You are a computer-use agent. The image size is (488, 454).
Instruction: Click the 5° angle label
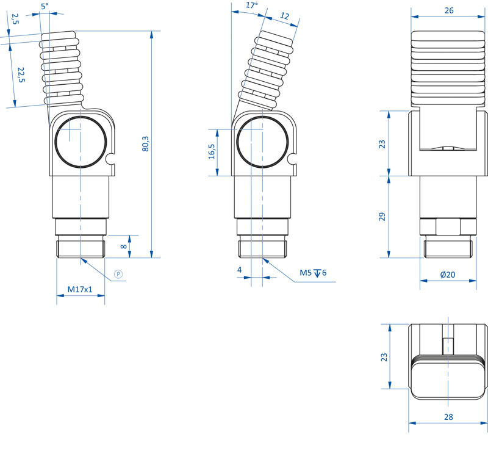point(44,5)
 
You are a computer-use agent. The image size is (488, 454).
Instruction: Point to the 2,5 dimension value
point(15,19)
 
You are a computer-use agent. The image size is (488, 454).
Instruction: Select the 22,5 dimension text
point(21,75)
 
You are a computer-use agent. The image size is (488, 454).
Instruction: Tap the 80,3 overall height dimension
point(145,144)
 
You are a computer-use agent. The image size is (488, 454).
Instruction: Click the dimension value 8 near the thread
point(123,246)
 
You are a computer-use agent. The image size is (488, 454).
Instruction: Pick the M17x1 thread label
point(80,289)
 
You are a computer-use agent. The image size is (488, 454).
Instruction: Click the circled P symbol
point(118,275)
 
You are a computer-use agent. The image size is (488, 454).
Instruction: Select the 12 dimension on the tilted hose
point(285,16)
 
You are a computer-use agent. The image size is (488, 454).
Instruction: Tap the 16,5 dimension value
point(212,151)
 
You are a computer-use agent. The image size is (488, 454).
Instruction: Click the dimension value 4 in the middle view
point(239,269)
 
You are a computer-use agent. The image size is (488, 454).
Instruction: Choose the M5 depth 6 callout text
point(312,273)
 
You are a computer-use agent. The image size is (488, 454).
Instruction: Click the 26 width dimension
point(449,10)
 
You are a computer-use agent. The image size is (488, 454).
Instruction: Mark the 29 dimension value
point(382,217)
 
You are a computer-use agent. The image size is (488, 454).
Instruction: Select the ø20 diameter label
point(448,275)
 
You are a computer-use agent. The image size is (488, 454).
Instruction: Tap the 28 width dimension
point(448,417)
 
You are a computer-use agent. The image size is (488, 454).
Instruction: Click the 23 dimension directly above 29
point(382,144)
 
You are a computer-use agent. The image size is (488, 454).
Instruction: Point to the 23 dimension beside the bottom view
point(384,356)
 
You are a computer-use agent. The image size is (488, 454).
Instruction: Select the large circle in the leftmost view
point(80,142)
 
